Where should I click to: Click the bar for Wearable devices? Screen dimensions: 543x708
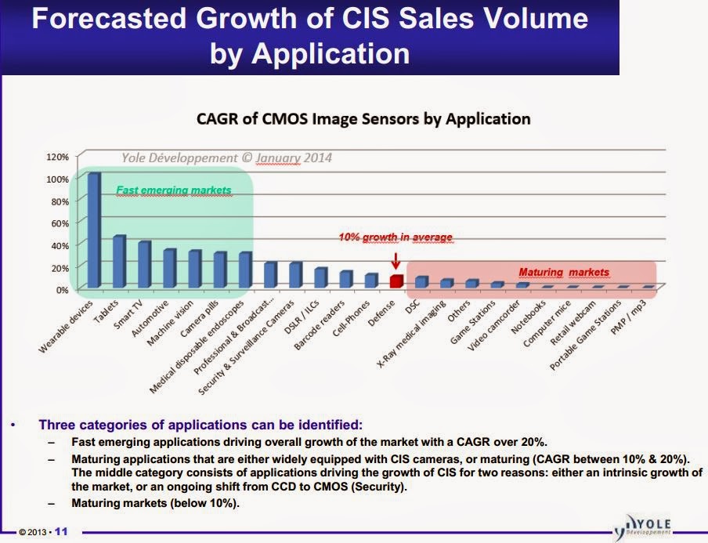coord(94,230)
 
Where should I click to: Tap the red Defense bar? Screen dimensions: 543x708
coord(396,281)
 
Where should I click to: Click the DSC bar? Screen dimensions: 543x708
coord(421,281)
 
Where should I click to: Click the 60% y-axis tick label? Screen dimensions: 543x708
coord(59,223)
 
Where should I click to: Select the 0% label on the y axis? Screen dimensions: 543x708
coord(61,289)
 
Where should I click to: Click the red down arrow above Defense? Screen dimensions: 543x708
coord(396,259)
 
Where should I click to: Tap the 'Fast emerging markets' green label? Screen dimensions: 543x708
coord(174,190)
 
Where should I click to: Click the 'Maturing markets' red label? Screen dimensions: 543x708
coord(564,273)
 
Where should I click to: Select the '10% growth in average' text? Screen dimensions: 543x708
coord(395,237)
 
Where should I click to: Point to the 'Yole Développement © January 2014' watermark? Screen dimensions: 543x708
coord(226,157)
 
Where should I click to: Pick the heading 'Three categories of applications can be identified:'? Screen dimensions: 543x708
coord(200,425)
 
